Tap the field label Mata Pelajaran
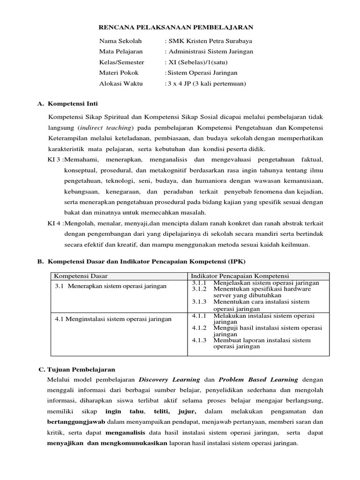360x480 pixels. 120,52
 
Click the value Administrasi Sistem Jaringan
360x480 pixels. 210,52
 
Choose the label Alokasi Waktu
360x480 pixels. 120,84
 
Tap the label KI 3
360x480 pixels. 54,160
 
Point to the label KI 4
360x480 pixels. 54,223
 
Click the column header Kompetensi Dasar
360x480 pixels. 77,275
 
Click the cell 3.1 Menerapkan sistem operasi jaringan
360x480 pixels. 111,286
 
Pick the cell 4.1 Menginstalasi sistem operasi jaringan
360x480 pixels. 113,319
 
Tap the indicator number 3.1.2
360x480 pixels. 199,289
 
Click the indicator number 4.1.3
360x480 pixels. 199,340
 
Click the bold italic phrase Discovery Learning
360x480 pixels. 168,379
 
